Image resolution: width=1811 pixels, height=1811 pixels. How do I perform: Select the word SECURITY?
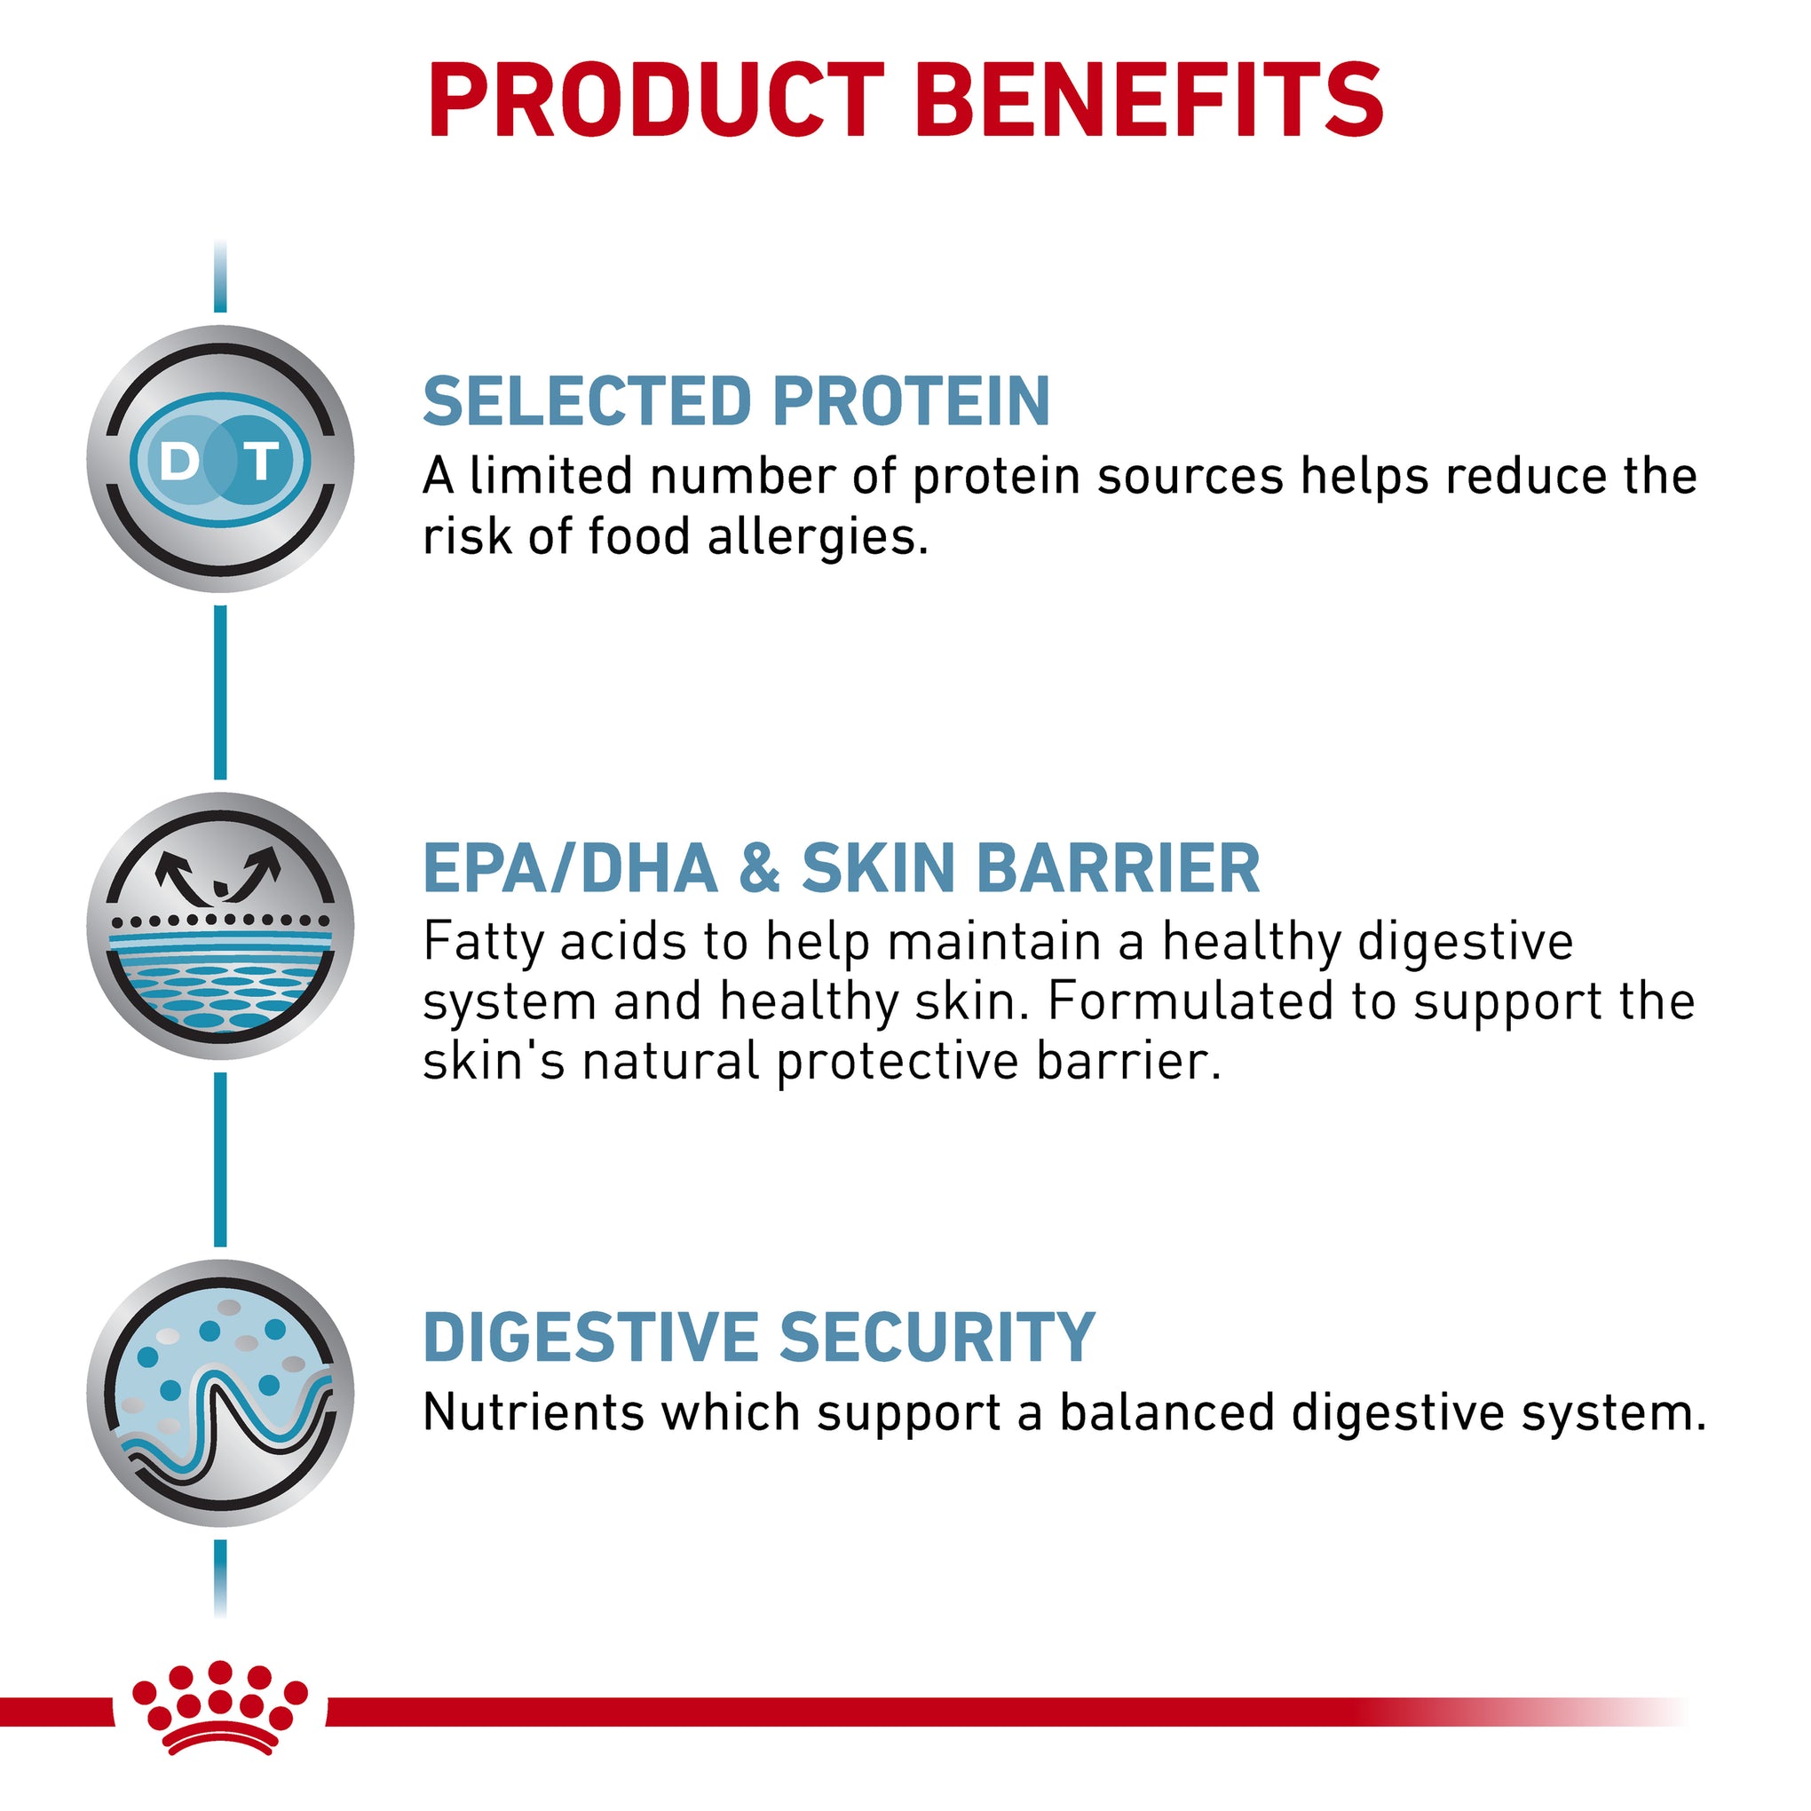click(x=937, y=1337)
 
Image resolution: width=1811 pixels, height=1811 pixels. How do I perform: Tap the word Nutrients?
click(x=533, y=1412)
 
